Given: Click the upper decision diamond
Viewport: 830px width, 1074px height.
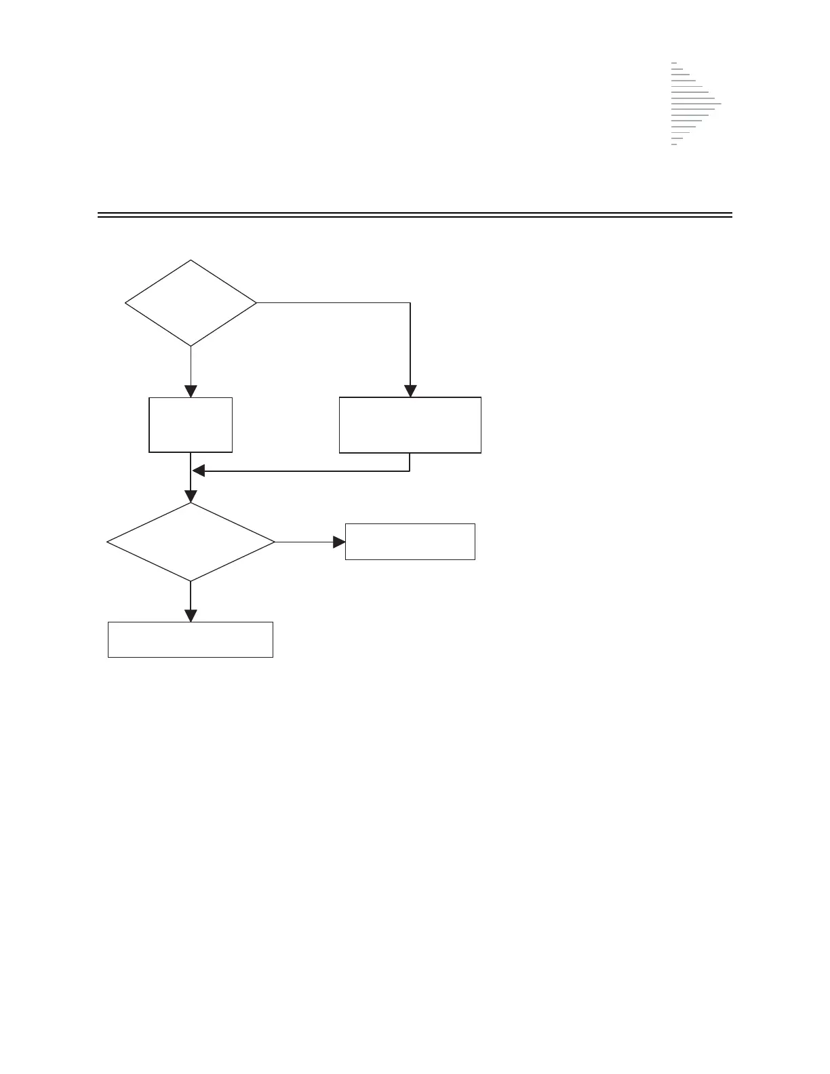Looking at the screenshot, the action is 191,303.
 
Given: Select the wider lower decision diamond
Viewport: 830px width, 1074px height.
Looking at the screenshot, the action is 191,542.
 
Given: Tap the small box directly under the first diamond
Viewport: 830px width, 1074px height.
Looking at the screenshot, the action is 191,424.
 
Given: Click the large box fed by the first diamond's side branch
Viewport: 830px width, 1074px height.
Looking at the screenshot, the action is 410,424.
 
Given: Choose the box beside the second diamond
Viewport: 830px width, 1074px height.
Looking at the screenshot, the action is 410,541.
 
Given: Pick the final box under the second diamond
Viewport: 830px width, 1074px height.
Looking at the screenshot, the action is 191,639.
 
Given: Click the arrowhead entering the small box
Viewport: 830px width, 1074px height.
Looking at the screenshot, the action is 191,391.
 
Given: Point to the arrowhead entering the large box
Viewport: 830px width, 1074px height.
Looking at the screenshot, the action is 410,391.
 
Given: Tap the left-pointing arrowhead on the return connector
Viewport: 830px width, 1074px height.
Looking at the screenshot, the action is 198,471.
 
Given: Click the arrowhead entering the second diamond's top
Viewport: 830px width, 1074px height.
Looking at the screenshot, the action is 191,496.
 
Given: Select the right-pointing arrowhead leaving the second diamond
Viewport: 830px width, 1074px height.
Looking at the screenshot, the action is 339,542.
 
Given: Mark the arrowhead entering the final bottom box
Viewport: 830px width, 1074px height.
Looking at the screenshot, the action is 191,616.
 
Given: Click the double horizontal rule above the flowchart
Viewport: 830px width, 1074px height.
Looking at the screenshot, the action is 415,215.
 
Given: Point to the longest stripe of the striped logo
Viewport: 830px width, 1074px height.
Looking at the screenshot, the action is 696,104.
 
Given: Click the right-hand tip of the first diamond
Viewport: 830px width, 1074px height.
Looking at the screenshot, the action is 257,302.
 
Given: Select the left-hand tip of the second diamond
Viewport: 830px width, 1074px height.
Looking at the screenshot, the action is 108,542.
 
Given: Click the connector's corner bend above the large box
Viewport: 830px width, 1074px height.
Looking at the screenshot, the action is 410,302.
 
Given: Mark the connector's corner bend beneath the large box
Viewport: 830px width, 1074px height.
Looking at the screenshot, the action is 410,471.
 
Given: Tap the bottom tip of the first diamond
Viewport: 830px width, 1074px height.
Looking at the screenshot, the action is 191,346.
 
